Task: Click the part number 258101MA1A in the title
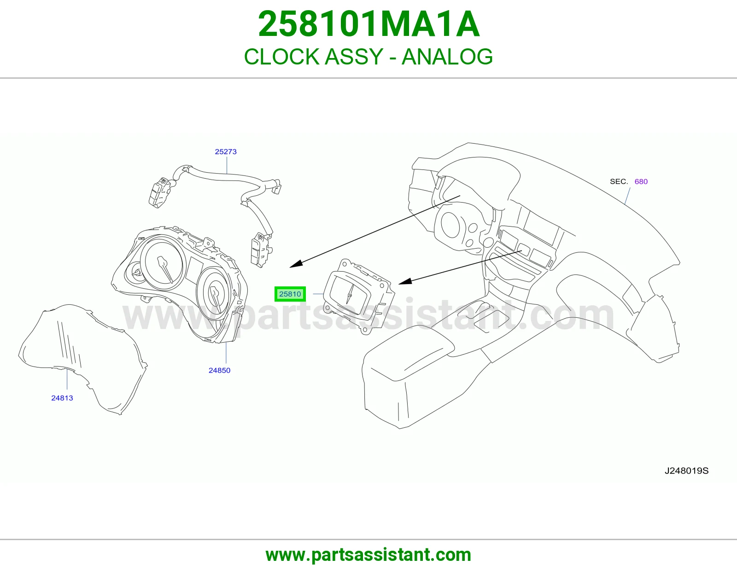[x=368, y=24]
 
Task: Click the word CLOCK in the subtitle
[x=281, y=57]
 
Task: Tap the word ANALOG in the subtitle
[x=447, y=57]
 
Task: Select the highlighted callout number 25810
[x=290, y=294]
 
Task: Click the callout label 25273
[x=226, y=151]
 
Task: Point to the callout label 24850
[x=219, y=370]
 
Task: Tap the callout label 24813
[x=62, y=398]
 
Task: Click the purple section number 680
[x=641, y=181]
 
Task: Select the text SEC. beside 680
[x=619, y=181]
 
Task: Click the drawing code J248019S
[x=686, y=471]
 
